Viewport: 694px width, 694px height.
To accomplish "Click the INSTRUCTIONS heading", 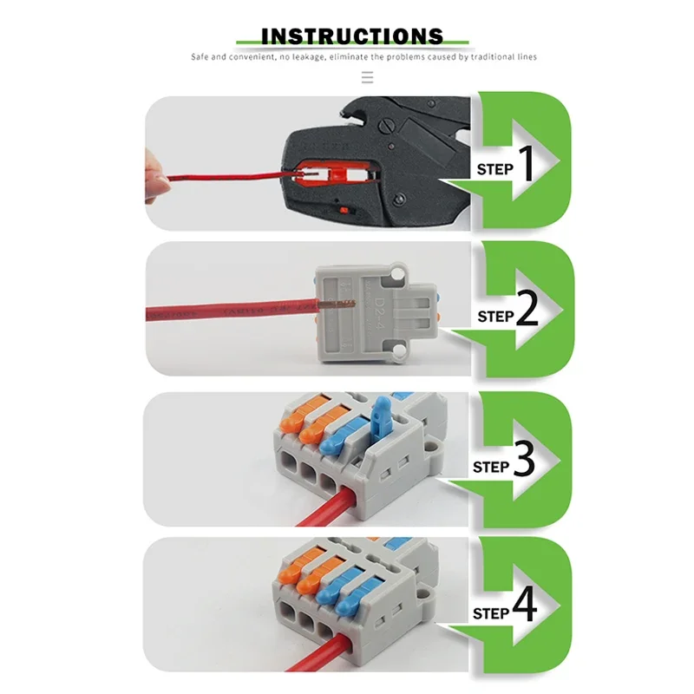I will point(351,36).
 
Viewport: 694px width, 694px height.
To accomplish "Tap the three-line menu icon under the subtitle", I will point(367,77).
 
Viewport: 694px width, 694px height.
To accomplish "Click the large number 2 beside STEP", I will point(527,312).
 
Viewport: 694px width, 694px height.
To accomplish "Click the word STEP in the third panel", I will point(491,467).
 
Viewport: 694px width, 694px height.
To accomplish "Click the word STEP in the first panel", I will point(494,170).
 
